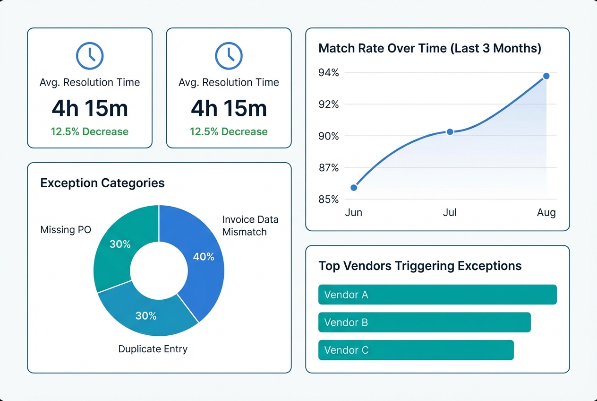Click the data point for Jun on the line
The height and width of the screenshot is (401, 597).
click(354, 188)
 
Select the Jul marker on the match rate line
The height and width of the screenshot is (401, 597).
click(450, 132)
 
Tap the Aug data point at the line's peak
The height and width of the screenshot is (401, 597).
click(546, 76)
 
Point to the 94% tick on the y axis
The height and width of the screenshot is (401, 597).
click(329, 73)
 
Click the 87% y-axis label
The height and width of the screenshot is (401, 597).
click(329, 168)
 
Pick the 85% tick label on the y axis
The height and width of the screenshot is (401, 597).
click(329, 200)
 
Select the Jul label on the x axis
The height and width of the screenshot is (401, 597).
click(450, 213)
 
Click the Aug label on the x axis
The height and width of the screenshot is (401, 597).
click(546, 213)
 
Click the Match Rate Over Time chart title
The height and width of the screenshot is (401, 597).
click(430, 48)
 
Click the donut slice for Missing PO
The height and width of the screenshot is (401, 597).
click(120, 244)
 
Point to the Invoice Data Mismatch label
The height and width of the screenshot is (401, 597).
click(250, 226)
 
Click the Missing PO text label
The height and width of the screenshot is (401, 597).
click(66, 230)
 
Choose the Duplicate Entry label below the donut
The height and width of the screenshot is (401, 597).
click(153, 349)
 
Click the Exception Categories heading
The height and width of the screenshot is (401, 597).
click(102, 183)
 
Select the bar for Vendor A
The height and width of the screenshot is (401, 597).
click(437, 295)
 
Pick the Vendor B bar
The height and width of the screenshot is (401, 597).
click(424, 323)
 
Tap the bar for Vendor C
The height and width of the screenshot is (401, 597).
click(416, 350)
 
